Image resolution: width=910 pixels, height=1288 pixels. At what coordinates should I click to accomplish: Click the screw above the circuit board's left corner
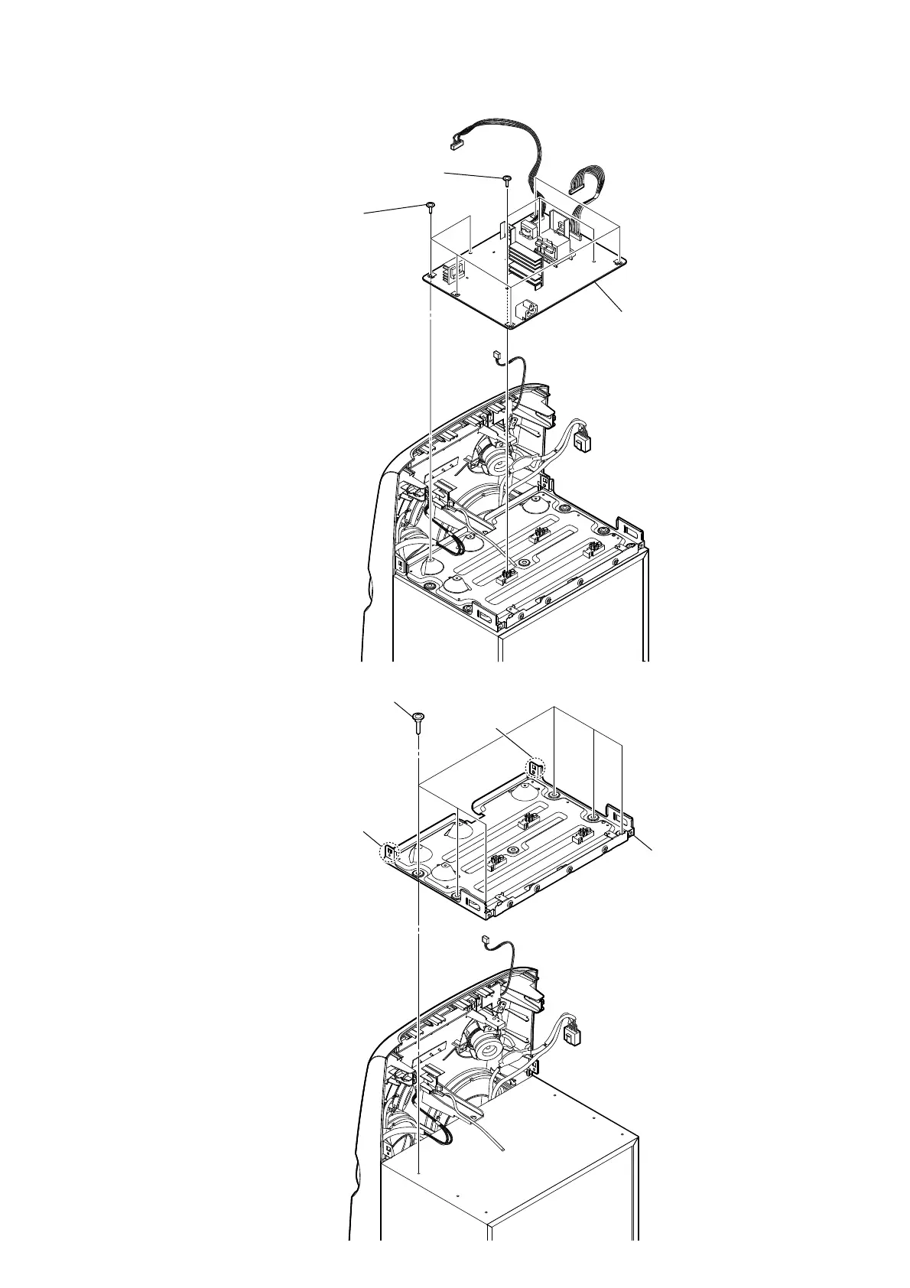click(x=431, y=207)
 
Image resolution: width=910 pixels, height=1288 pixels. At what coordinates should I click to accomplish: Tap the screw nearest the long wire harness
click(x=506, y=180)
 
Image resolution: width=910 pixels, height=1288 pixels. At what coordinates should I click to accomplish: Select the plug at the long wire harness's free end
click(x=457, y=142)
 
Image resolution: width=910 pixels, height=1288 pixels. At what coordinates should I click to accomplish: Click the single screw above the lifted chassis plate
click(x=418, y=717)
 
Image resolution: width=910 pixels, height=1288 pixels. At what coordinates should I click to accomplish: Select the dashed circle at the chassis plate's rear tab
click(x=536, y=768)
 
